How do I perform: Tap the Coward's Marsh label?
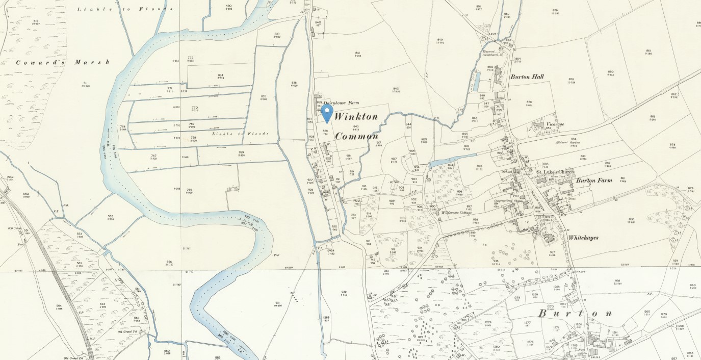[x=63, y=62]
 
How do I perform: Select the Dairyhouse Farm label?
[x=341, y=102]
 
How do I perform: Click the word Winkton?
[x=356, y=117]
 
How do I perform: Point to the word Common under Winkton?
[x=356, y=136]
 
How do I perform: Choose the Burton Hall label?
[x=527, y=77]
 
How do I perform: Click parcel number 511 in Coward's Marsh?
[x=86, y=83]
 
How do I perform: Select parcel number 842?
[x=396, y=88]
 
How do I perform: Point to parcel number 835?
[x=264, y=96]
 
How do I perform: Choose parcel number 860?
[x=610, y=72]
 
